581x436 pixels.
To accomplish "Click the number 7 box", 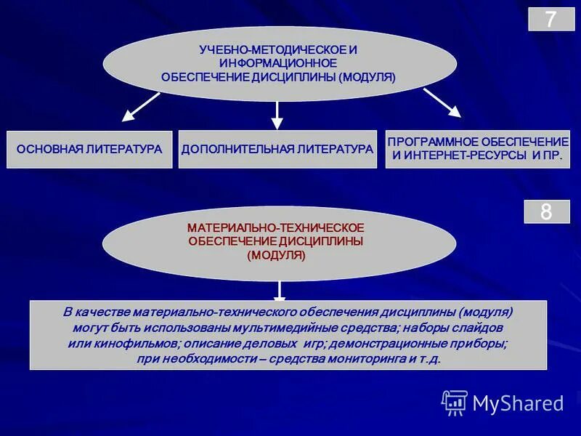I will [550, 19].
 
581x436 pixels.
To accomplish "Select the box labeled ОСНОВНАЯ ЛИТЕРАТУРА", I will [89, 149].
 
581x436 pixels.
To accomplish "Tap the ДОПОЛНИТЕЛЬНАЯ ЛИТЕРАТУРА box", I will [277, 149].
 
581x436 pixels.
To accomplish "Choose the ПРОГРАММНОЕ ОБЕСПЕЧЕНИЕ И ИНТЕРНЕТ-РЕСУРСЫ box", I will [477, 149].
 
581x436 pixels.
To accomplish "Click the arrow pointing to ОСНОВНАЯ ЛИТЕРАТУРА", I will [141, 106].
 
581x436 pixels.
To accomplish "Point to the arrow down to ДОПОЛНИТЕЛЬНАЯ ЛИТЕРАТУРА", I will [277, 115].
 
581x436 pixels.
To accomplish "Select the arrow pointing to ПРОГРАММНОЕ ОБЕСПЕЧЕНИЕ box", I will [442, 102].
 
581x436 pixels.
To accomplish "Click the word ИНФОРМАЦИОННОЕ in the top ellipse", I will [278, 63].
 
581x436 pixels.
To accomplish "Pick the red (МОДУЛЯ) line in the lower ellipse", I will [276, 255].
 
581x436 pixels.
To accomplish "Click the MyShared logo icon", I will [455, 403].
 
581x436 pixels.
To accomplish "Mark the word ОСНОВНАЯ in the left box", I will [48, 149].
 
